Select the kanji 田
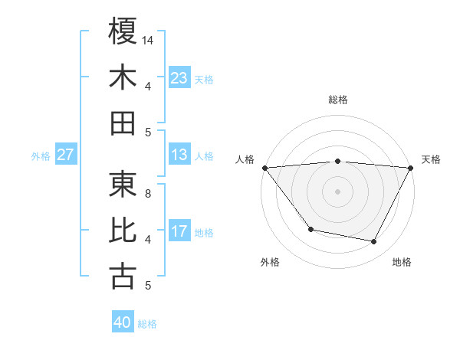(123, 123)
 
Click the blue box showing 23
(179, 77)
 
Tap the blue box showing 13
(179, 155)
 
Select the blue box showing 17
(179, 231)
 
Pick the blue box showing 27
(65, 155)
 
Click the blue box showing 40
(122, 322)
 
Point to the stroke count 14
(148, 39)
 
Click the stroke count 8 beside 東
(148, 193)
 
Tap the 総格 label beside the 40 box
(147, 324)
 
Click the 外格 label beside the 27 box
(41, 156)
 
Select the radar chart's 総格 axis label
(337, 100)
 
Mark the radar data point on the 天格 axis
(410, 167)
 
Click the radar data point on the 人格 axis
(264, 167)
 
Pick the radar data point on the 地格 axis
(374, 242)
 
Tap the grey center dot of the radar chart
(337, 191)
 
